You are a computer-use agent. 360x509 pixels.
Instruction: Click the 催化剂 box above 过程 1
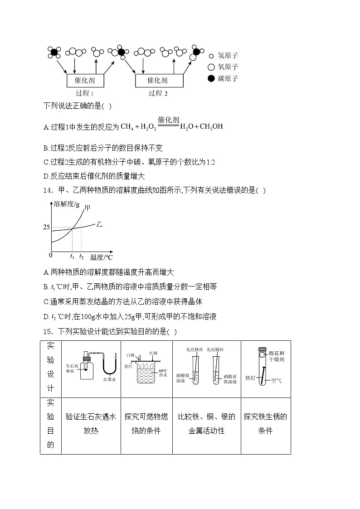[86, 80]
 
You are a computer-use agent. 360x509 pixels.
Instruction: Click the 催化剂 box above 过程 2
[159, 80]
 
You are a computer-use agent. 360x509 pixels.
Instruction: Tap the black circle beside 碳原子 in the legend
[211, 78]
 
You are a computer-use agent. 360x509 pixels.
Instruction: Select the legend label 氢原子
[228, 56]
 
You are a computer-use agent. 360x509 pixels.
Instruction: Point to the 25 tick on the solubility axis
[46, 227]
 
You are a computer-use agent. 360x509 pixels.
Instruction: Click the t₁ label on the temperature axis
[72, 257]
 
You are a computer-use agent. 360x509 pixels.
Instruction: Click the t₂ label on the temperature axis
[81, 257]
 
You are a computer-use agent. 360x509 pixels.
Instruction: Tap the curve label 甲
[88, 208]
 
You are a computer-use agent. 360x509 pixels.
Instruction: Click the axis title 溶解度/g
[67, 204]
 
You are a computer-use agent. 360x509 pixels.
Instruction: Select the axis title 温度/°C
[101, 257]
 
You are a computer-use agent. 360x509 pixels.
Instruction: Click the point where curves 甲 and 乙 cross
[73, 227]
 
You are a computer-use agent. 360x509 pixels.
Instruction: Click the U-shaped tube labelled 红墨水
[110, 367]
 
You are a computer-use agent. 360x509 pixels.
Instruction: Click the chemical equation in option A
[172, 126]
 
